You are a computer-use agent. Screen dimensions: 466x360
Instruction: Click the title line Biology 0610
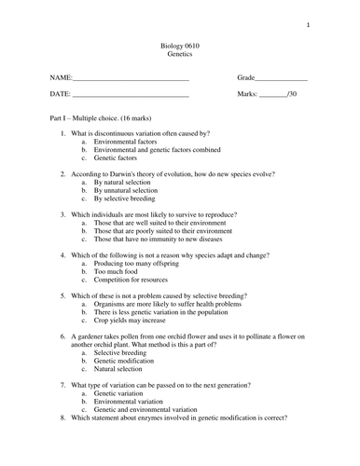[x=179, y=45]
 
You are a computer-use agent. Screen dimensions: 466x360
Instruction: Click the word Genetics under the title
[x=179, y=55]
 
